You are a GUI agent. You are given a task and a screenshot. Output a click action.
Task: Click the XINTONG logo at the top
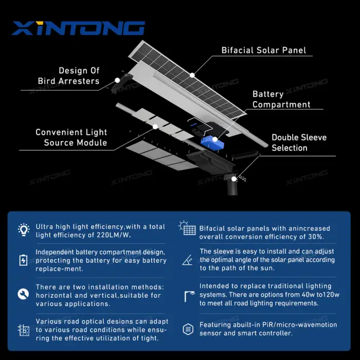(78, 28)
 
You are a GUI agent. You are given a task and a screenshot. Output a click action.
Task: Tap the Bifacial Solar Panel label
(263, 50)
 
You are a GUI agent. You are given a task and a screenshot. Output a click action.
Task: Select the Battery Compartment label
(281, 99)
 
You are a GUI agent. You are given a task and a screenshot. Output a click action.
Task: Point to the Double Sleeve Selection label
(299, 142)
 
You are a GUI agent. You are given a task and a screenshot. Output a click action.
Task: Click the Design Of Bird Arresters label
(68, 76)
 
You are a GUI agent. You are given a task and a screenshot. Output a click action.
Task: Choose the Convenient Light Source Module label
(71, 137)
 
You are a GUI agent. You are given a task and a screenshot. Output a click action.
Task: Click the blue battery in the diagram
(212, 143)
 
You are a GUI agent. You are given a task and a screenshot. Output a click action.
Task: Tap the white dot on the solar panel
(192, 75)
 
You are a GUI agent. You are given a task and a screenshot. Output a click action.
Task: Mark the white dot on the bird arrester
(117, 80)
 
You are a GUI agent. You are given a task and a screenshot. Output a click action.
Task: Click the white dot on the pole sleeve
(233, 179)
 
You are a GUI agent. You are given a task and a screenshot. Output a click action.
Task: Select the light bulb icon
(24, 230)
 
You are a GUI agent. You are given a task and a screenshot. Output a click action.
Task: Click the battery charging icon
(23, 260)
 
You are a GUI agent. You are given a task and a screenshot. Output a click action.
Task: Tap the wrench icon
(23, 294)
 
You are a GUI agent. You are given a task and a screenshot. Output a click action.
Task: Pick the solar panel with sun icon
(187, 228)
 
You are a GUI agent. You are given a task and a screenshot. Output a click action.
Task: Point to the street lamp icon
(189, 296)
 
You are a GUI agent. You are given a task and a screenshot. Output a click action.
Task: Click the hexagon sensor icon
(188, 329)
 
